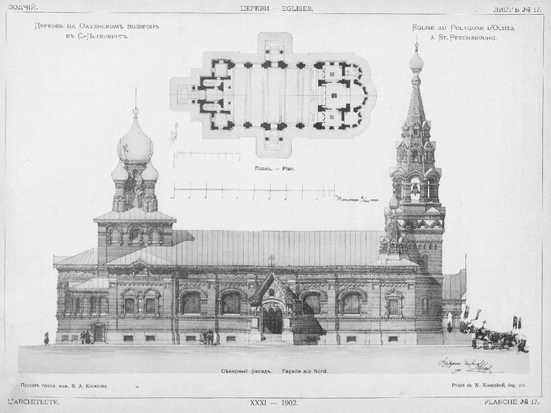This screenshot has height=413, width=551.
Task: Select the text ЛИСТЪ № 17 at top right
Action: pos(516,9)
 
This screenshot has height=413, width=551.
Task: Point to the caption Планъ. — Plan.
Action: pos(275,168)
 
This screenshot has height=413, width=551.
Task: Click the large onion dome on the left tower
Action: pos(135,146)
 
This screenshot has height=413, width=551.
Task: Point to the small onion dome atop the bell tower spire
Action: pos(416,61)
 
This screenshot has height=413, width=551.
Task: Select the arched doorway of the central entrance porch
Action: pos(272,320)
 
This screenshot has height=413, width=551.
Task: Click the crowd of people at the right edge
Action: pos(496,338)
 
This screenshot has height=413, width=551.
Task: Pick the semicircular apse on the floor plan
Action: pos(364,94)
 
